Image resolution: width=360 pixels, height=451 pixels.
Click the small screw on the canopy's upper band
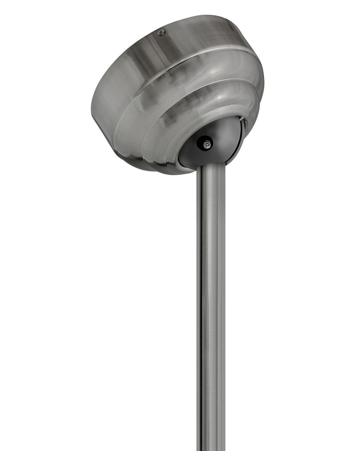coord(161,33)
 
